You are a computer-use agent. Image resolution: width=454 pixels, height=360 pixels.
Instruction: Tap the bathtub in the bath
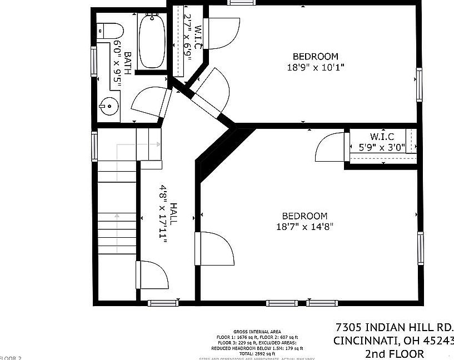[x=151, y=42]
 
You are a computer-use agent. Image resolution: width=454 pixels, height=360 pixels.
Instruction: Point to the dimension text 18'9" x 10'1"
[x=316, y=68]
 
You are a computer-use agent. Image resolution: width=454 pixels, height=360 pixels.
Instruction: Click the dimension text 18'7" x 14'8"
[x=305, y=227]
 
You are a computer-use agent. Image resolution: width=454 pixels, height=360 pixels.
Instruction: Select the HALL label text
[x=173, y=213]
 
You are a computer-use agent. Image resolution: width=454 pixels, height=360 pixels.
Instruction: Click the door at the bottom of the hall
[x=152, y=275]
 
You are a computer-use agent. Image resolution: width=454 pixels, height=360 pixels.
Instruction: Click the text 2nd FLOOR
[x=394, y=354]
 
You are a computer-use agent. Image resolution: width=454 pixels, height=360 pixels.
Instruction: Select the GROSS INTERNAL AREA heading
[x=257, y=332]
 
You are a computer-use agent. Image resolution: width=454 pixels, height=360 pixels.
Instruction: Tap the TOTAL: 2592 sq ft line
[x=257, y=353]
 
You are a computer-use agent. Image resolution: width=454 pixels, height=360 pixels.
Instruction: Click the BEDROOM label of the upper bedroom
[x=316, y=56]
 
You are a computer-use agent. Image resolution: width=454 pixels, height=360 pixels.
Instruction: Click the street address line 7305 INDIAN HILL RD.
[x=395, y=327]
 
